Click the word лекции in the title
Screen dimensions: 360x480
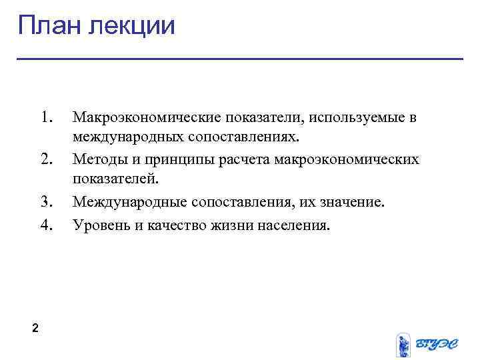point(132,27)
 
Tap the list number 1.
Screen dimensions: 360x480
point(46,118)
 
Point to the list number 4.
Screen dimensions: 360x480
point(46,225)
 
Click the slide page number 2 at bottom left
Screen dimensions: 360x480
point(35,328)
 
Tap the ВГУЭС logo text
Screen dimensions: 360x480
point(436,344)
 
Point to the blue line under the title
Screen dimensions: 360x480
point(240,59)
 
